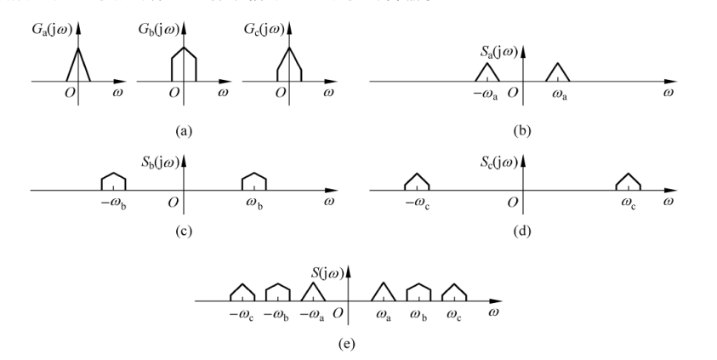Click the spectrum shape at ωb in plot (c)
254,180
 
